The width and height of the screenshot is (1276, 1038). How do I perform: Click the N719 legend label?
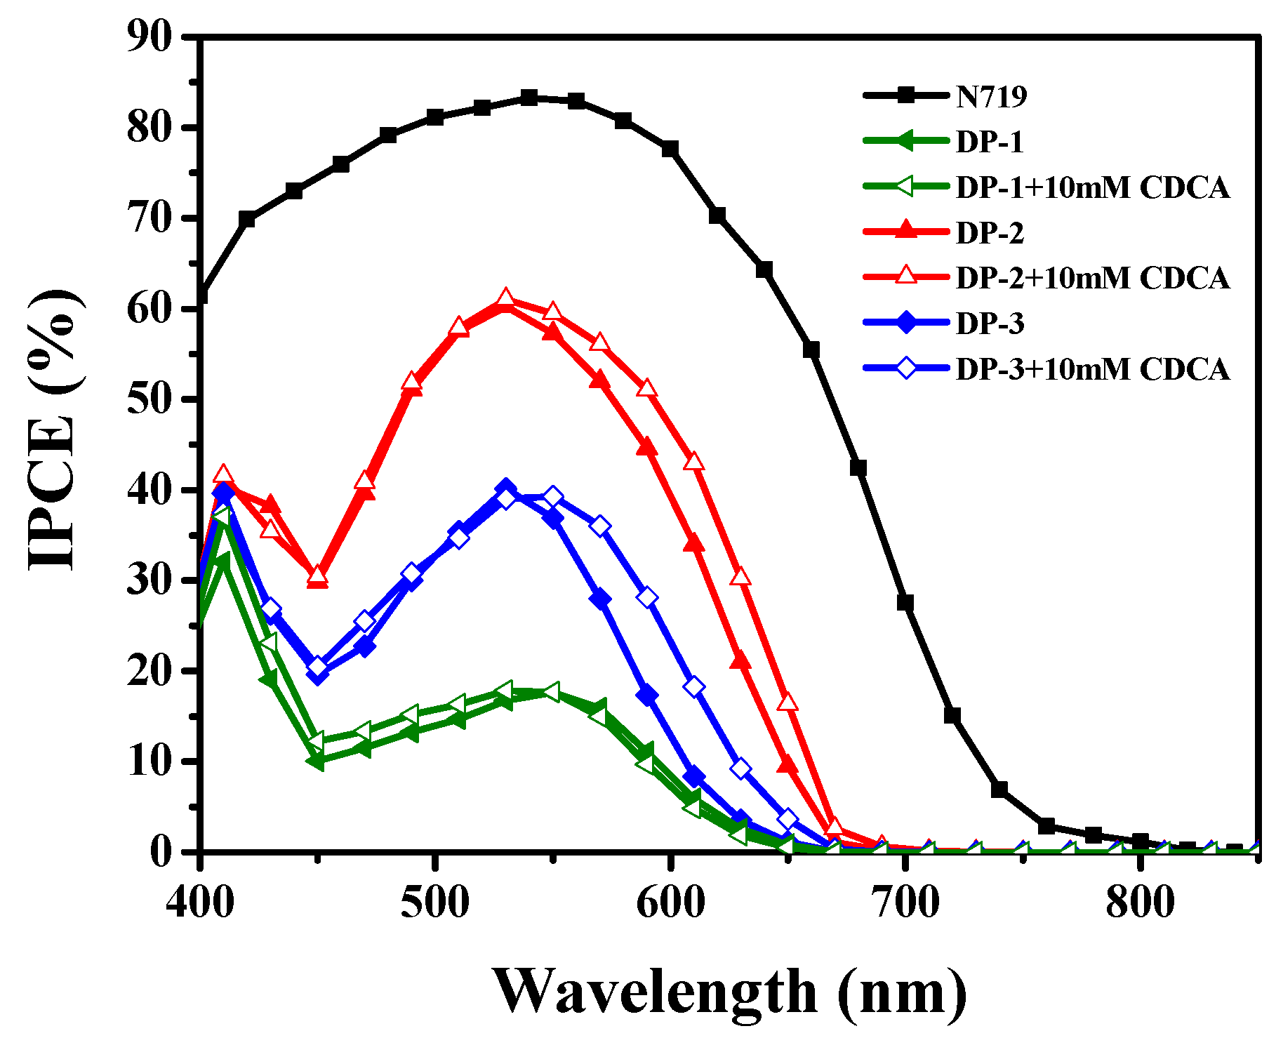pos(991,97)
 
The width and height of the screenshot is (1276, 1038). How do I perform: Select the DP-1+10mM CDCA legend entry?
pos(1092,187)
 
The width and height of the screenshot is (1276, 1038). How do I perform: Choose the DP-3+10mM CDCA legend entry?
pos(1092,369)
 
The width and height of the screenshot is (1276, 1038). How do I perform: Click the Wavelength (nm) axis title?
pos(730,992)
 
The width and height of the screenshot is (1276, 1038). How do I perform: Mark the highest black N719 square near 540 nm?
pos(529,98)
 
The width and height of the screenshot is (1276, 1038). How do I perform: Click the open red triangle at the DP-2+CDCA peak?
pos(505,298)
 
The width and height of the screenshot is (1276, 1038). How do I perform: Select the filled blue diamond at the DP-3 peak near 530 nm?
pos(505,488)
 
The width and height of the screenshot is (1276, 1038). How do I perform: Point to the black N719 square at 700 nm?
pos(905,602)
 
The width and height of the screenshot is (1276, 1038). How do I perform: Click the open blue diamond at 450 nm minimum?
pos(318,666)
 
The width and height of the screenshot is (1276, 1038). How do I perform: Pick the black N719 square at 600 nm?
pos(670,149)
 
